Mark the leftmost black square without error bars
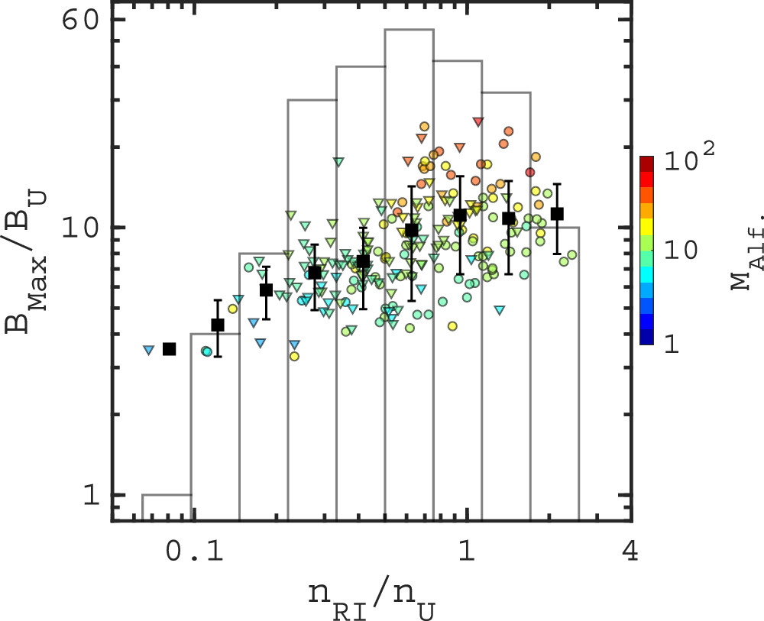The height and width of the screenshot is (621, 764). click(170, 348)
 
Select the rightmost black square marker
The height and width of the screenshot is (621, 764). click(557, 213)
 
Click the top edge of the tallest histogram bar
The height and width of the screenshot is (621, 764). click(409, 30)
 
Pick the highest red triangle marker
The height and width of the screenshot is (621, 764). click(478, 121)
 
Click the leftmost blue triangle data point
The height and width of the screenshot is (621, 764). click(148, 350)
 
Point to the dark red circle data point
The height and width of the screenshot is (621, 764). click(530, 172)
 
